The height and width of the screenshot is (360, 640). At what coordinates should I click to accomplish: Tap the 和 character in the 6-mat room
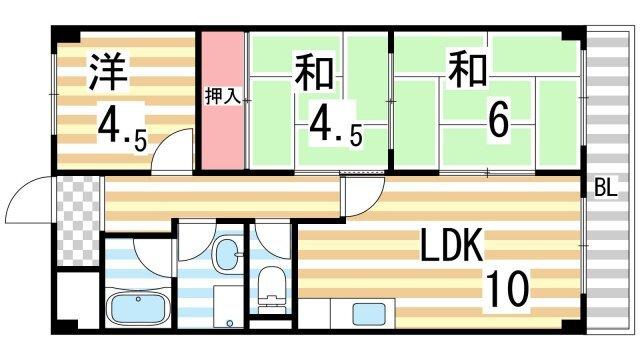(467, 71)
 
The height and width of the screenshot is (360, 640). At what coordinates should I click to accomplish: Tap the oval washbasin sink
(229, 254)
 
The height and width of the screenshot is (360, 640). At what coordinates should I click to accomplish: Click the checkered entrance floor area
(77, 221)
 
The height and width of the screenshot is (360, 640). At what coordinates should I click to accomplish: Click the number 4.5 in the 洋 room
(121, 127)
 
